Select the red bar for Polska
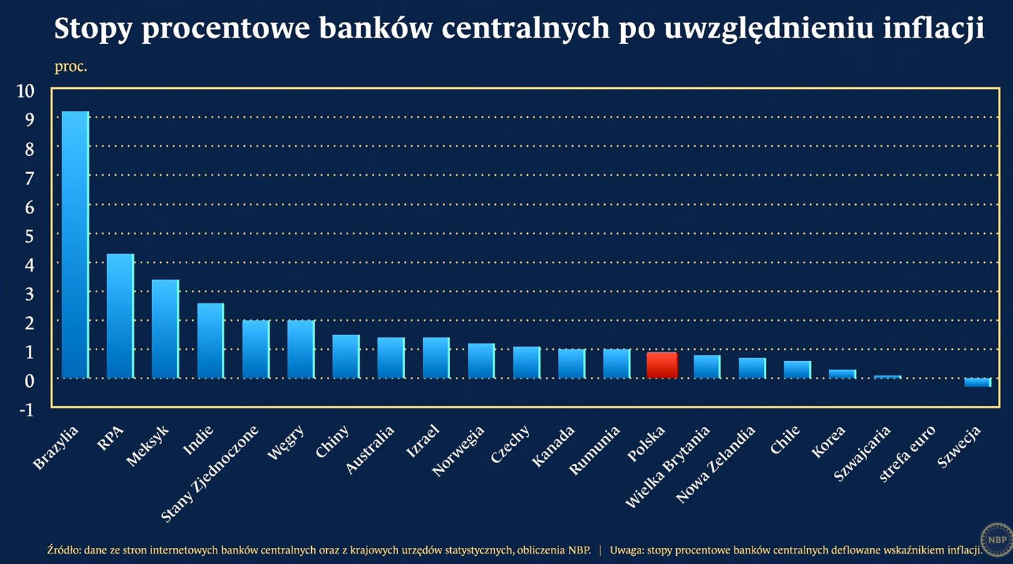pyautogui.click(x=662, y=365)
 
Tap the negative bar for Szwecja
pyautogui.click(x=977, y=382)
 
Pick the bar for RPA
pyautogui.click(x=120, y=315)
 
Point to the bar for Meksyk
pyautogui.click(x=165, y=329)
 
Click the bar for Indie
pyautogui.click(x=210, y=341)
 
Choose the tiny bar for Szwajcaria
pyautogui.click(x=887, y=377)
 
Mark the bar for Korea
pyautogui.click(x=842, y=374)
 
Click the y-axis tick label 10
pyautogui.click(x=25, y=91)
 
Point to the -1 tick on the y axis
pyautogui.click(x=26, y=410)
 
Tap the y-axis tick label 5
pyautogui.click(x=29, y=237)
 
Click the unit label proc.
pyautogui.click(x=71, y=66)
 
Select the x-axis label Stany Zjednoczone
pyautogui.click(x=210, y=474)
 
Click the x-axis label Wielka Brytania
pyautogui.click(x=667, y=466)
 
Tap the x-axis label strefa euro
pyautogui.click(x=907, y=453)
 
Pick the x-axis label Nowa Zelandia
pyautogui.click(x=715, y=464)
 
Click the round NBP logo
pyautogui.click(x=996, y=539)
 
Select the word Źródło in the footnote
pyautogui.click(x=63, y=550)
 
